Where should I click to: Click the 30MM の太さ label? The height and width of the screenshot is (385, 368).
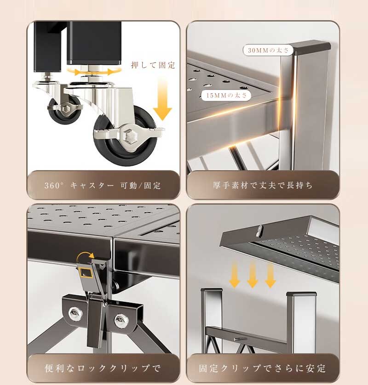pos(268,51)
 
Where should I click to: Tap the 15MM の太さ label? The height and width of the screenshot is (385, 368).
pos(226,95)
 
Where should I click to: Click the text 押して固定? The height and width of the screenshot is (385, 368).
pos(153,65)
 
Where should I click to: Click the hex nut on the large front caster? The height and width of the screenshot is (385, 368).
pos(128,136)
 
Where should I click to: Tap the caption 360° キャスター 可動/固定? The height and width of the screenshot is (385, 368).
pos(103,186)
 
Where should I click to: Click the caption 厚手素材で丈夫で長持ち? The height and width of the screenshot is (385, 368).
pos(263,185)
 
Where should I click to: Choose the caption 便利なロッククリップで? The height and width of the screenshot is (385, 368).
pos(103,368)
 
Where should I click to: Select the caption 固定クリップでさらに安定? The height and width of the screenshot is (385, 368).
pos(263,368)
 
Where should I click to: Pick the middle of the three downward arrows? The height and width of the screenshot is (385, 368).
pos(253,275)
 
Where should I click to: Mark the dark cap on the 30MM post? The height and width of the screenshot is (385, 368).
pos(310,48)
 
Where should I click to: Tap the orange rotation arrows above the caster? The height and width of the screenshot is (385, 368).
pos(94,72)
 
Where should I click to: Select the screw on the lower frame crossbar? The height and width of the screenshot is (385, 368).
pos(240,339)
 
